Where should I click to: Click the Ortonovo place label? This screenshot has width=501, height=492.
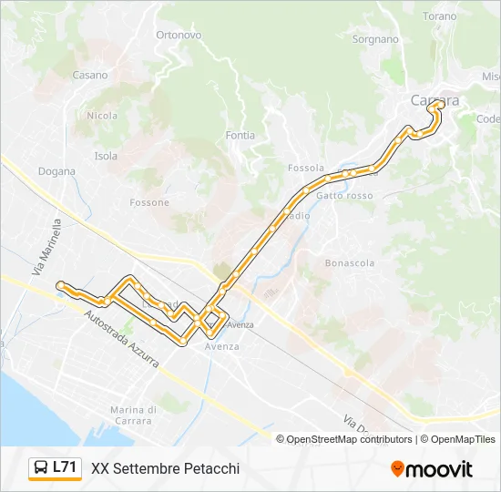178,35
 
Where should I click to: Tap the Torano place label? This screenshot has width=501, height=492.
440,16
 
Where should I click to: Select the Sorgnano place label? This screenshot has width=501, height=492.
376,39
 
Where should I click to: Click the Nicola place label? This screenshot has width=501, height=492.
102,116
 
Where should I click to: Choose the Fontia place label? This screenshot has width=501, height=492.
240,135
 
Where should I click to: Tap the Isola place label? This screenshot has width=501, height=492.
106,156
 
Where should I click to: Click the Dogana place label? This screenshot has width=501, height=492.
56,170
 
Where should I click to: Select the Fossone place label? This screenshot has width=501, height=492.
149,202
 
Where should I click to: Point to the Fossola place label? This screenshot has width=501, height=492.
305,168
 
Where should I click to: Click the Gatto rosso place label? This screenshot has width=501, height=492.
344,196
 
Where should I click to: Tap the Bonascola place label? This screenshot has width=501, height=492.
350,262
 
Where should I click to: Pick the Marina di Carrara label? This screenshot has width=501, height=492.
134,415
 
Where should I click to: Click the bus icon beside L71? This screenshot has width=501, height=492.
41,467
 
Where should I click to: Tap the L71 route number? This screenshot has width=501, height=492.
65,467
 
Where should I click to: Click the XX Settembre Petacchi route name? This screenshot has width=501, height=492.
165,468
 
